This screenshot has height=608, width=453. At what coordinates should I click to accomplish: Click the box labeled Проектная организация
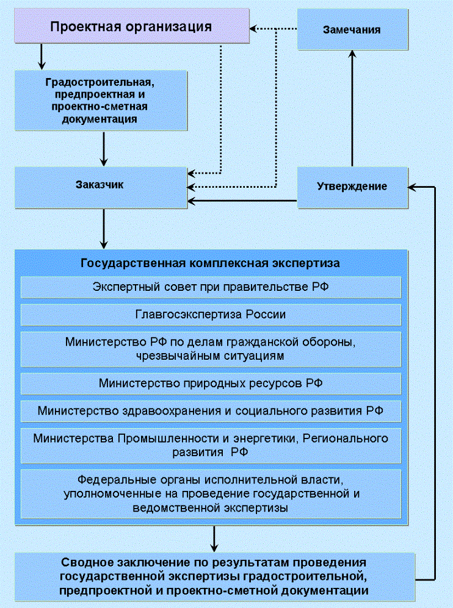coord(131,27)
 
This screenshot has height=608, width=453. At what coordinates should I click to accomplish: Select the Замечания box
coord(352,29)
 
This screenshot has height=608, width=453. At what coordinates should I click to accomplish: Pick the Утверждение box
coord(352,187)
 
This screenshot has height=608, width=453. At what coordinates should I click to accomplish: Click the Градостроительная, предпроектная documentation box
coord(100,100)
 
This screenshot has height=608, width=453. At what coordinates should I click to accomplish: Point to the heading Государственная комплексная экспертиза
coord(211,263)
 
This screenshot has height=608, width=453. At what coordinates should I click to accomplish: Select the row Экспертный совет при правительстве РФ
coord(211,287)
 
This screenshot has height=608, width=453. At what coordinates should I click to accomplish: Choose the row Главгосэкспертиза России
coord(211,315)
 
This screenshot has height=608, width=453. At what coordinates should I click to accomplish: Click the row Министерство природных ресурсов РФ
coord(211,383)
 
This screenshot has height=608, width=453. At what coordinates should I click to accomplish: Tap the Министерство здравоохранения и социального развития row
coord(211,410)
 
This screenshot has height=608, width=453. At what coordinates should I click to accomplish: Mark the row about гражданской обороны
coord(211,349)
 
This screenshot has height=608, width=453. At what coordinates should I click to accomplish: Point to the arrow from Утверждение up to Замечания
coord(352,110)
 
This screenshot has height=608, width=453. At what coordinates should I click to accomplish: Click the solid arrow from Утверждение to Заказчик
coord(244,201)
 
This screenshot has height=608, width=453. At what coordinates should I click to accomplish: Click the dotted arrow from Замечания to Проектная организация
coord(275,27)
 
